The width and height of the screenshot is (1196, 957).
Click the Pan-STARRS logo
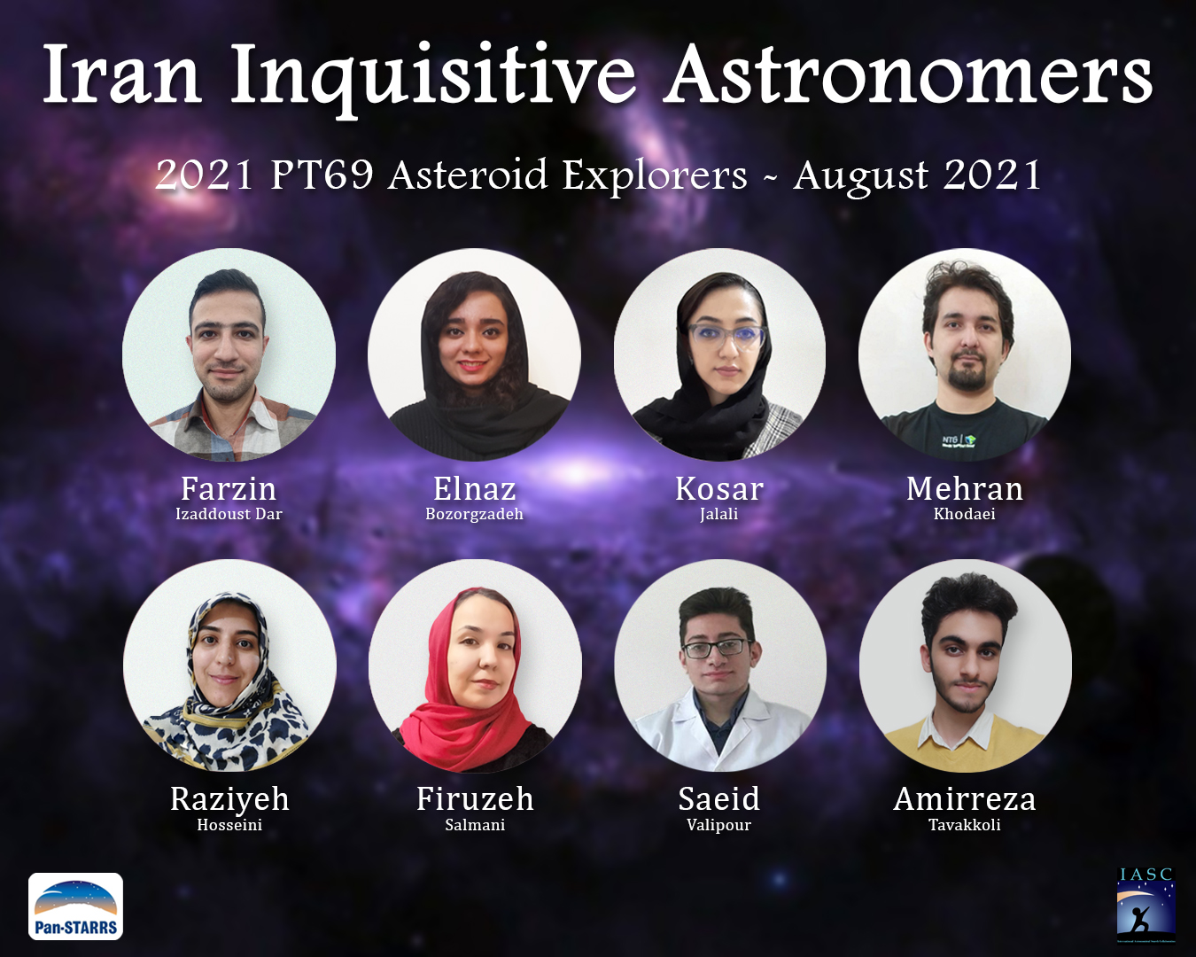point(75,906)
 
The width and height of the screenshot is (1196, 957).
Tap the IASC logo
point(1146,906)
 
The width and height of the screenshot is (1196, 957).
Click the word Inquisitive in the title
point(433,76)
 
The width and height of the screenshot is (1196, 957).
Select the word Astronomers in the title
point(910,74)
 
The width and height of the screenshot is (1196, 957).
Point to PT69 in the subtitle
point(322,174)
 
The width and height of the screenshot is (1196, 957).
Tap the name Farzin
point(229,488)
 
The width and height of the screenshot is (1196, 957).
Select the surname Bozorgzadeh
point(474,514)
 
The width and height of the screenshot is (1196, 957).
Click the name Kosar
point(718,488)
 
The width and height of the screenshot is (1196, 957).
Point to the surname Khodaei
point(964,514)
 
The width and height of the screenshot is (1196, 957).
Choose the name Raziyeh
point(229,798)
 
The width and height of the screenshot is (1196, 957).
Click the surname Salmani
point(475,825)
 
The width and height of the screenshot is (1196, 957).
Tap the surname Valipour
point(718,825)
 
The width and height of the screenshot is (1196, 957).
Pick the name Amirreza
point(964,798)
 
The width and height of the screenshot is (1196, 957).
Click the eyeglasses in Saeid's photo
point(715,648)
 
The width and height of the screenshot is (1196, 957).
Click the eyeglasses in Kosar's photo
point(726,336)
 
